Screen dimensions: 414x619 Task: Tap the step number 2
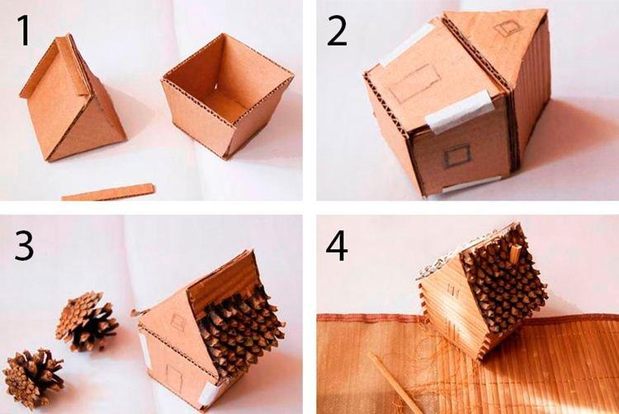pyautogui.click(x=337, y=31)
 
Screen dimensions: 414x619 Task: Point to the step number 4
pyautogui.click(x=337, y=245)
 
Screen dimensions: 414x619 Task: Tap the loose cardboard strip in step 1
pyautogui.click(x=108, y=192)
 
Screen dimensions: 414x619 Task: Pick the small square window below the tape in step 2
pyautogui.click(x=456, y=154)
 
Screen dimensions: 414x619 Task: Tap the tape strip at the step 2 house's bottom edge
pyautogui.click(x=471, y=185)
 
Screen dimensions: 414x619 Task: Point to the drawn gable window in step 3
pyautogui.click(x=177, y=322)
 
